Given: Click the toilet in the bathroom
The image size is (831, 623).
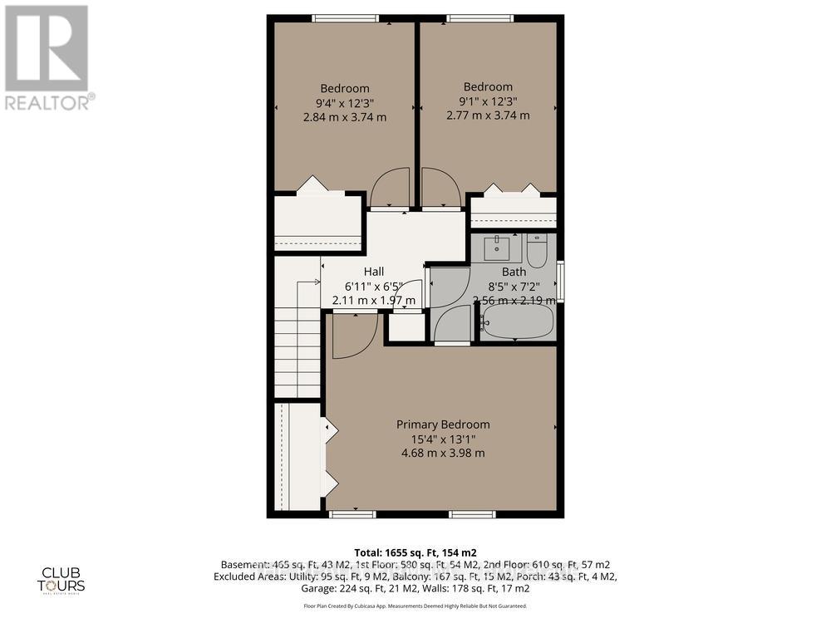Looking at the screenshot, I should point(536,251).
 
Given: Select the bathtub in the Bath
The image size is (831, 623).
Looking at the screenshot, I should point(518,321).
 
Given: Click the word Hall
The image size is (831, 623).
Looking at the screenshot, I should point(373,272).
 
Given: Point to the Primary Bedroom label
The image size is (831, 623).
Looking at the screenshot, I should point(442,424).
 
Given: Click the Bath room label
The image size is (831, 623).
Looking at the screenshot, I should point(514,272).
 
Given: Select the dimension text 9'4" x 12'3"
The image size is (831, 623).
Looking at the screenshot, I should point(345,103).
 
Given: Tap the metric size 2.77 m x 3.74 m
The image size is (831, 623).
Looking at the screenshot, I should point(488,115).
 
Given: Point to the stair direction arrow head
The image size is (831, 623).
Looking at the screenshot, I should point(318,283).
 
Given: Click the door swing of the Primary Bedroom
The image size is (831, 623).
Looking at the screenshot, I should point(349,336).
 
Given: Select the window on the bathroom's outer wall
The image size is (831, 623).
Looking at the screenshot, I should point(560,282).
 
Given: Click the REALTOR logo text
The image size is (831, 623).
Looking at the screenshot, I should point(48,103).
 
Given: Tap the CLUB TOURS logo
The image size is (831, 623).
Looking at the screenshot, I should point(63,577).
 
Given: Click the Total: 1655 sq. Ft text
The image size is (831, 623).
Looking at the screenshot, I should point(415,552).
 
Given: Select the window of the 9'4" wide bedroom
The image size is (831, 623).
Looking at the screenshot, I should point(346,18).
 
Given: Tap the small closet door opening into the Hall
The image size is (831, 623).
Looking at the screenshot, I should point(411,296).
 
